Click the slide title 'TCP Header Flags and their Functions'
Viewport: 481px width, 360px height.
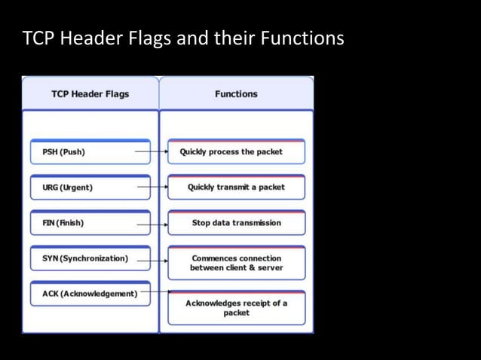click(x=183, y=38)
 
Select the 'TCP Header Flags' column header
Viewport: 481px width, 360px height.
click(x=90, y=94)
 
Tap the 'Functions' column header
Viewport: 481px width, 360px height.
click(x=236, y=94)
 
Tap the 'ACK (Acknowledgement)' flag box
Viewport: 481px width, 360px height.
click(x=90, y=294)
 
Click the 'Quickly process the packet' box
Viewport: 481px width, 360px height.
click(x=236, y=152)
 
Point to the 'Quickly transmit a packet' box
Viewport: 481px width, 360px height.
click(x=236, y=188)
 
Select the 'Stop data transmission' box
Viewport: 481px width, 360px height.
click(x=236, y=223)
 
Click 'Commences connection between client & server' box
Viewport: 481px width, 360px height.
click(x=236, y=263)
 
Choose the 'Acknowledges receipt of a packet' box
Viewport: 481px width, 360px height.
click(x=236, y=307)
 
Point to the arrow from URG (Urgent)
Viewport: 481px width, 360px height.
click(x=154, y=187)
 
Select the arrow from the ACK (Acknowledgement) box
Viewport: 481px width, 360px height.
click(x=155, y=291)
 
